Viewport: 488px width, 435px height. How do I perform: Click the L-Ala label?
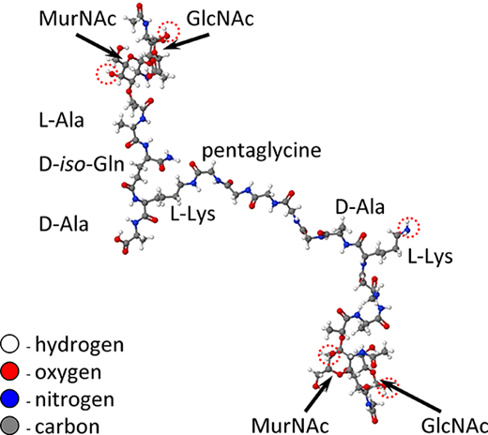[x=62, y=120]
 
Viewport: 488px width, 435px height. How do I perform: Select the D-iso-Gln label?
[x=82, y=164]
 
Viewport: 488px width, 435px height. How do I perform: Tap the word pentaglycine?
[x=262, y=151]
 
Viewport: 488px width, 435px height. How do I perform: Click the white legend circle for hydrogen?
[x=9, y=344]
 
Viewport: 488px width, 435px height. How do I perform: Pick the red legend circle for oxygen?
[x=9, y=371]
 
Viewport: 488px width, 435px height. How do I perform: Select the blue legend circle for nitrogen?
[x=9, y=398]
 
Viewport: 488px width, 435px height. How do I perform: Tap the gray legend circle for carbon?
[x=9, y=426]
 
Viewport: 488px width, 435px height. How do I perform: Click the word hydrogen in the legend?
[x=80, y=346]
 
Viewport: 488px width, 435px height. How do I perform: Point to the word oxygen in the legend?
[x=69, y=373]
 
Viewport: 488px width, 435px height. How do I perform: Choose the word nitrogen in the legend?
[x=74, y=400]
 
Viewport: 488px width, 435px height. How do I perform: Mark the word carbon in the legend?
[x=68, y=427]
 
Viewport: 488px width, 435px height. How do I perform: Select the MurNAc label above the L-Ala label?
[x=78, y=19]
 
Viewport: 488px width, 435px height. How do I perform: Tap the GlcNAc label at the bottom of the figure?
[x=454, y=426]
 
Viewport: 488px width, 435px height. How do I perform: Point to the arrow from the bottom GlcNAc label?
[x=410, y=396]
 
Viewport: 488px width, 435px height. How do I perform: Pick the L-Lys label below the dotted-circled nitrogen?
[x=430, y=257]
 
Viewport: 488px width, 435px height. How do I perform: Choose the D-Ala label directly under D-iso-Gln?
[x=64, y=224]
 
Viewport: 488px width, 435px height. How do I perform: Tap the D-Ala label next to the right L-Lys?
[x=359, y=207]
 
